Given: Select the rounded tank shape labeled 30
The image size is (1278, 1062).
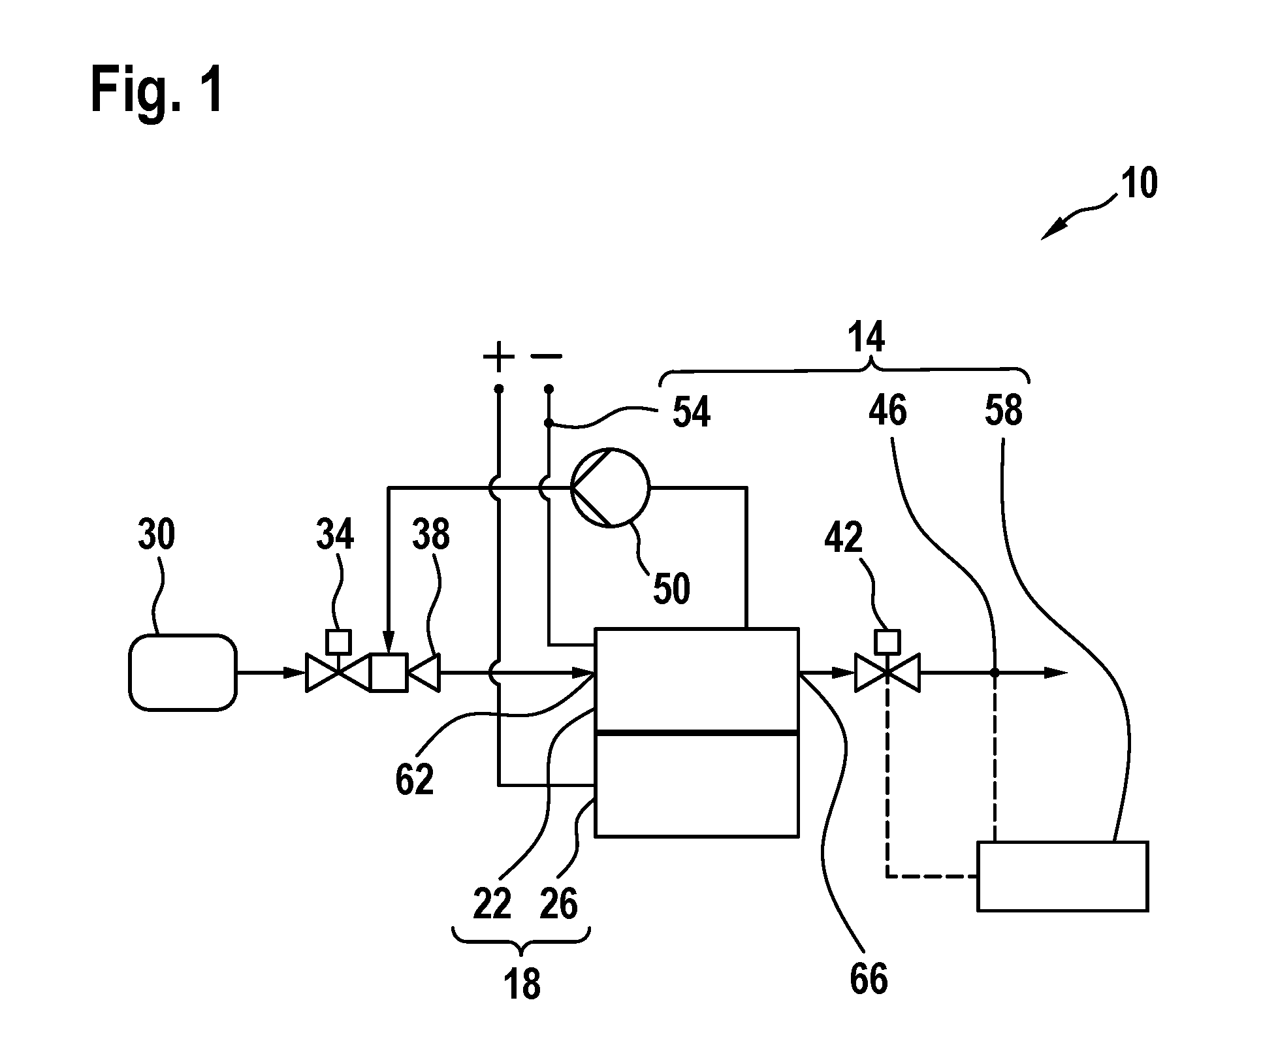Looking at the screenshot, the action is [x=183, y=672].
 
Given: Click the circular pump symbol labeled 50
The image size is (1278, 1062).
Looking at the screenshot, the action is [x=611, y=487].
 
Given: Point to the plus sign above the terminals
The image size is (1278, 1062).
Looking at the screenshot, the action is [x=498, y=357].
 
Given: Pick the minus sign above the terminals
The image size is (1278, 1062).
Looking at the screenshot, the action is [x=547, y=356].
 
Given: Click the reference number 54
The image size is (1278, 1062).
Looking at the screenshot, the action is [x=691, y=413].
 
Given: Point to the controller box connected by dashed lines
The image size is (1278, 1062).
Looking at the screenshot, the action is [x=1062, y=877].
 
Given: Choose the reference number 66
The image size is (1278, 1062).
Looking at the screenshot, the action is [x=869, y=980].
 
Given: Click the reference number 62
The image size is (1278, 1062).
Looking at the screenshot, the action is [x=415, y=779].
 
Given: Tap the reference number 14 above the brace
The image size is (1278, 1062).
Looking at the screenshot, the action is [x=866, y=338].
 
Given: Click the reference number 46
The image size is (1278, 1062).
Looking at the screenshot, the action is [x=888, y=411].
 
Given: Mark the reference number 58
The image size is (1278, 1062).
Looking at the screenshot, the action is [x=1003, y=411].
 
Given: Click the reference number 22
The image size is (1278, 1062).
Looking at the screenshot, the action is [x=492, y=905].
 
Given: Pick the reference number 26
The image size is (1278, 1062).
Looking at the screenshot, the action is [x=559, y=905].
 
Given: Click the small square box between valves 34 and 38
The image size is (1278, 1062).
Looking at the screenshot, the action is [x=389, y=673].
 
